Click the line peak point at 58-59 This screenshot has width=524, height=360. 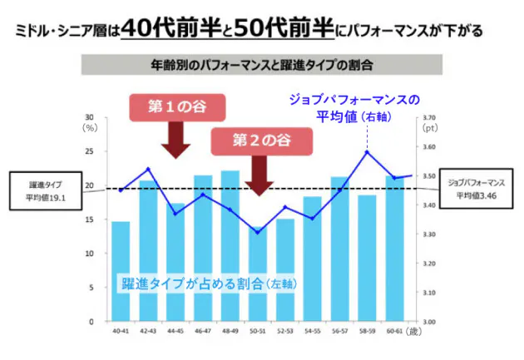click(x=367, y=152)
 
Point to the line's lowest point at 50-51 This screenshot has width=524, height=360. click(x=257, y=232)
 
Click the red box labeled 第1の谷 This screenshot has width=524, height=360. click(x=176, y=106)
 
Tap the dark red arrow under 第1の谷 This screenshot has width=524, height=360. click(x=175, y=140)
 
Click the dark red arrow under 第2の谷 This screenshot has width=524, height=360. click(x=259, y=175)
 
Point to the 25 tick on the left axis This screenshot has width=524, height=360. click(x=90, y=152)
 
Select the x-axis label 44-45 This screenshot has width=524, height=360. click(x=175, y=331)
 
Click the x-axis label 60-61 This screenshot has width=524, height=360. click(x=393, y=331)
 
